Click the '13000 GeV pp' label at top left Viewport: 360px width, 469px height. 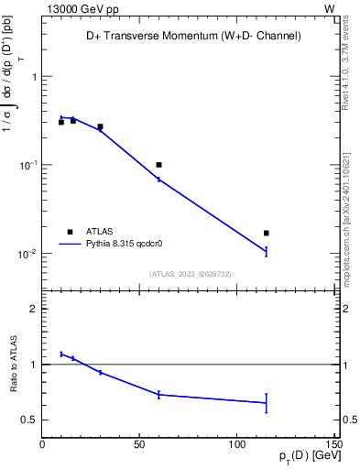78,7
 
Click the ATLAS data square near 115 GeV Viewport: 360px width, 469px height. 266,234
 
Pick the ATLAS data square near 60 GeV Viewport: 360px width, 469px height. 158,165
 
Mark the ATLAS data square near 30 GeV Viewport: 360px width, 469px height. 100,126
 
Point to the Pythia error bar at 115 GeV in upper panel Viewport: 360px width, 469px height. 266,251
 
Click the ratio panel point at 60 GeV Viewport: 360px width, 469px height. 158,395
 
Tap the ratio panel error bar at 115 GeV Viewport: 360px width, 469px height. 266,403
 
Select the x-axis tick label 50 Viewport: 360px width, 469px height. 139,444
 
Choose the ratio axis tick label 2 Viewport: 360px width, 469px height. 33,309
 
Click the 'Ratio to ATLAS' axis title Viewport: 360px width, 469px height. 13,365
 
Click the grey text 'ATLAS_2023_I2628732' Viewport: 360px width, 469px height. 190,273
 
